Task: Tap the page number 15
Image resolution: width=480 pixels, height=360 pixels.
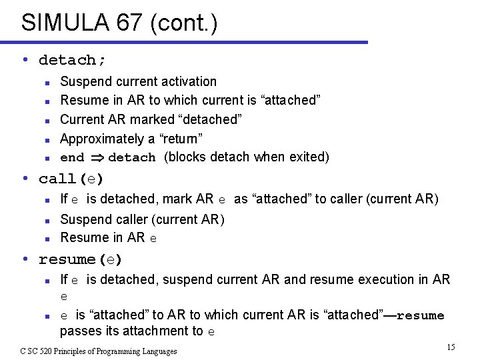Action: click(451, 347)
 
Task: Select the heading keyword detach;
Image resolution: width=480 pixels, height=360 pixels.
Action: click(72, 60)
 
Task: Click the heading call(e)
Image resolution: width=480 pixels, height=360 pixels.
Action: click(71, 179)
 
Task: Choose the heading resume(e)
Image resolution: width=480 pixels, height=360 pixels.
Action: click(81, 259)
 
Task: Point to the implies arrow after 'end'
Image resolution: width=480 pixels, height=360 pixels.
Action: click(95, 157)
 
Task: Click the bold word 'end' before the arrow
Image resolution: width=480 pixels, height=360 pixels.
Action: click(72, 158)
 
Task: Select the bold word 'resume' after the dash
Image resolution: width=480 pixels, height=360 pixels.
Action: click(420, 315)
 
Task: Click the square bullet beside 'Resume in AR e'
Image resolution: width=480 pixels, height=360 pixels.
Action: click(47, 238)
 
